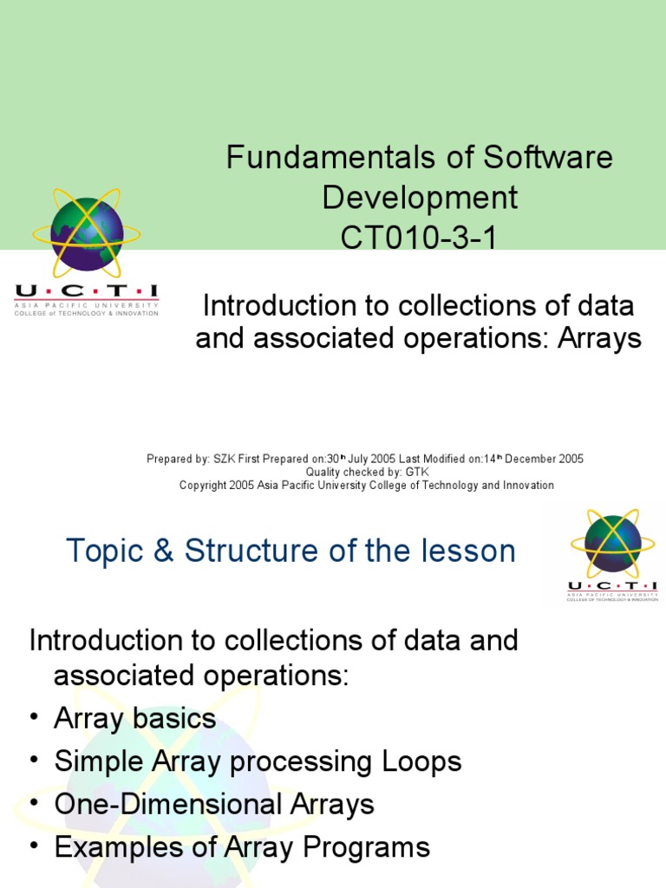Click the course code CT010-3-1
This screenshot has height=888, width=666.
point(420,237)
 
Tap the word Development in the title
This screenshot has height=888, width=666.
point(420,198)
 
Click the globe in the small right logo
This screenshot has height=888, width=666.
point(612,543)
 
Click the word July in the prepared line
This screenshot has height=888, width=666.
point(363,459)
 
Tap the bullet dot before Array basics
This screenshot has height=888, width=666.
point(34,719)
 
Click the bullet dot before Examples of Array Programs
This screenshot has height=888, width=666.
point(34,846)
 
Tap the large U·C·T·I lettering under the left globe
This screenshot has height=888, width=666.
point(86,292)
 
